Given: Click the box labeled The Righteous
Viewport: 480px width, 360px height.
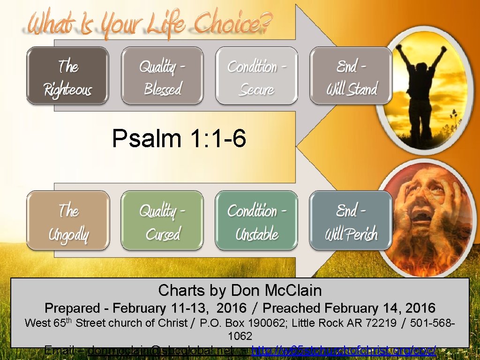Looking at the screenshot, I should point(67,76).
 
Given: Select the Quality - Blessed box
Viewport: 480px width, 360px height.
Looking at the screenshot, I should point(162,76).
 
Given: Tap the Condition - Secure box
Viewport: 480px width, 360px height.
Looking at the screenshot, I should point(256,76).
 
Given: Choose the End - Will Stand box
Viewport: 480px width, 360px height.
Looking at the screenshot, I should point(351,76).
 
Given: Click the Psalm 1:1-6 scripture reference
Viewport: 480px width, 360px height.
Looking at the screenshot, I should point(179,139).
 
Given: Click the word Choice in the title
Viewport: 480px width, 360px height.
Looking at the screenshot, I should point(232,23).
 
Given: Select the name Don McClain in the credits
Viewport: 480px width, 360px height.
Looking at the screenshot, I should point(276,291).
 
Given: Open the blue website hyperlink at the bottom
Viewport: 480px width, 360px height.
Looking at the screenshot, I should point(345,350).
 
